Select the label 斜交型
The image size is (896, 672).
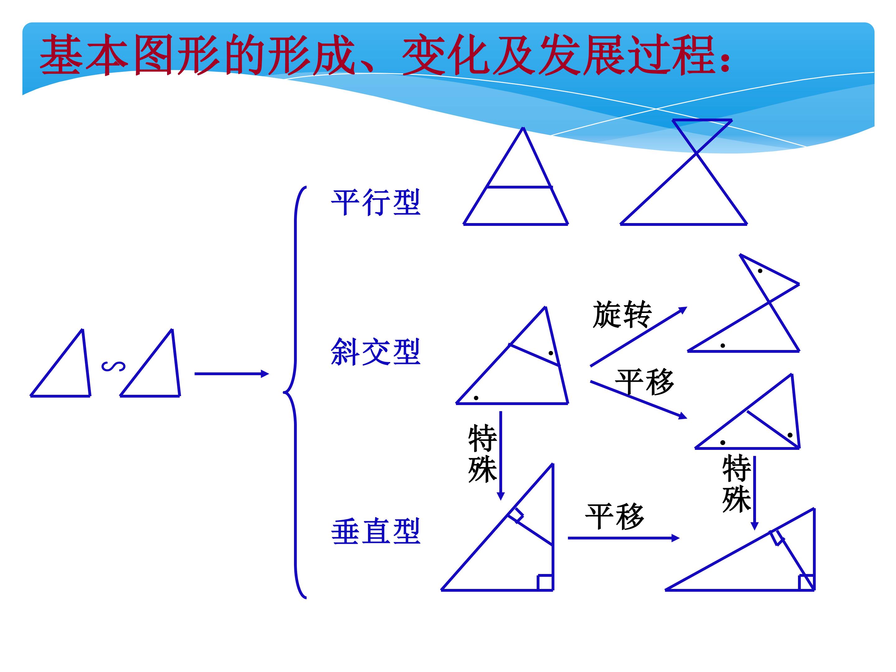tap(376, 352)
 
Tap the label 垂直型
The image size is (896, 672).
tap(376, 531)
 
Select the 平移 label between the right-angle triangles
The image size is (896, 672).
tap(614, 516)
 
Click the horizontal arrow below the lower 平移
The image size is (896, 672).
tap(624, 538)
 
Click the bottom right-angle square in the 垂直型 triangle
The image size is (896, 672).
tap(545, 582)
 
